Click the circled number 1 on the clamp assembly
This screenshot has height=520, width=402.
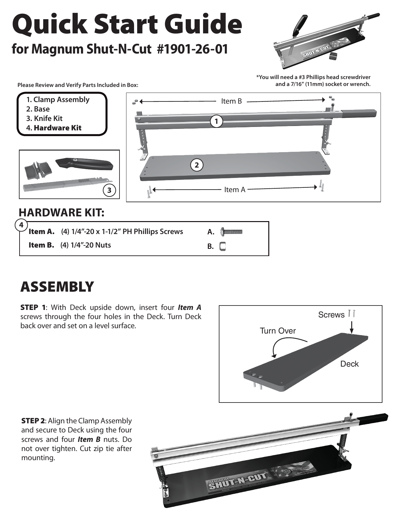pyautogui.click(x=216, y=121)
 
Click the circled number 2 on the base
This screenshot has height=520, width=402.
pyautogui.click(x=197, y=165)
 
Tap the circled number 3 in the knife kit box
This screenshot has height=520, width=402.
pyautogui.click(x=109, y=190)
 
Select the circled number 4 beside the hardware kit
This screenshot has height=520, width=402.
pyautogui.click(x=21, y=225)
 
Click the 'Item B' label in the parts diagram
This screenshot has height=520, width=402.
pyautogui.click(x=231, y=101)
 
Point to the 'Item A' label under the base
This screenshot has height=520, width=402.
pyautogui.click(x=235, y=190)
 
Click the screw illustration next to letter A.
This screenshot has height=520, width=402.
pyautogui.click(x=231, y=232)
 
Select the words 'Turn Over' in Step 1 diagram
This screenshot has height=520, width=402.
pyautogui.click(x=278, y=331)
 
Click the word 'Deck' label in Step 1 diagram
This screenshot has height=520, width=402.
pyautogui.click(x=349, y=364)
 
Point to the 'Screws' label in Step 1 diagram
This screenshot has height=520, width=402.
pyautogui.click(x=331, y=315)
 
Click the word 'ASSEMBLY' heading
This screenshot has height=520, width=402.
pyautogui.click(x=57, y=287)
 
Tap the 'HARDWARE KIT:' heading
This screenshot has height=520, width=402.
pyautogui.click(x=61, y=213)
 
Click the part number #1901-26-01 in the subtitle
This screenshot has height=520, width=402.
pyautogui.click(x=192, y=49)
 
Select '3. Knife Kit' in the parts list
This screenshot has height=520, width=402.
pyautogui.click(x=44, y=118)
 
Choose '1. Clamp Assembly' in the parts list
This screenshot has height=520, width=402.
pyautogui.click(x=58, y=100)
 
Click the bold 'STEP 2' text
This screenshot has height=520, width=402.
pyautogui.click(x=33, y=421)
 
